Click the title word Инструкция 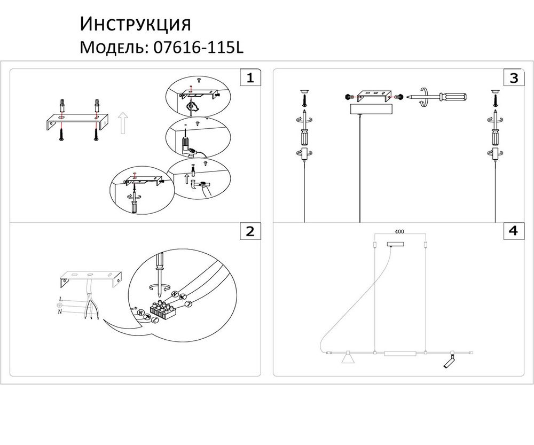135,24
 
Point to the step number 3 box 513,78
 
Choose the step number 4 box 513,231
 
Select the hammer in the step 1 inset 201,184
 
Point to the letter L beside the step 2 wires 61,298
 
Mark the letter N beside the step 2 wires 60,311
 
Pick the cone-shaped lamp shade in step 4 348,358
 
